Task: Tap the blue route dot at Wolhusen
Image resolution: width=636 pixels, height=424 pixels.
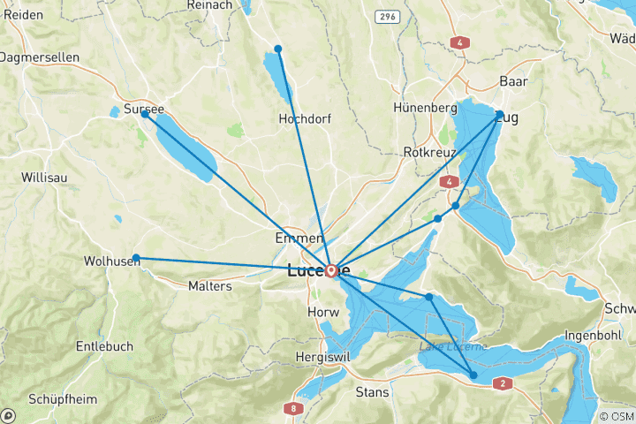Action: tap(136, 258)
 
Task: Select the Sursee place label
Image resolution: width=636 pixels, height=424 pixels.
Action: tap(144, 110)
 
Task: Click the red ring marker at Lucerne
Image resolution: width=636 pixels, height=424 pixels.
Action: tap(331, 269)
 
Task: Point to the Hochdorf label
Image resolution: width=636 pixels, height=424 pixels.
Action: tap(303, 118)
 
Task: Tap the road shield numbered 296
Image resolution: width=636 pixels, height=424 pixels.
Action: tap(386, 16)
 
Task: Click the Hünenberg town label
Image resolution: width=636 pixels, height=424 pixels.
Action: tap(425, 108)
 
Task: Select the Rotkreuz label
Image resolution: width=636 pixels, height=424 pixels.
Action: tap(429, 152)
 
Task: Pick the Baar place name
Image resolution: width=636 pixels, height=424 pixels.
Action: tap(513, 81)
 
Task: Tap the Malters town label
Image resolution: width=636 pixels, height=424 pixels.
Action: tap(209, 286)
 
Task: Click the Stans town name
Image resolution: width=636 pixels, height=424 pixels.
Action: tap(371, 391)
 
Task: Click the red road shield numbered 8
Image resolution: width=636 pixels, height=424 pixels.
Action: tap(292, 408)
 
